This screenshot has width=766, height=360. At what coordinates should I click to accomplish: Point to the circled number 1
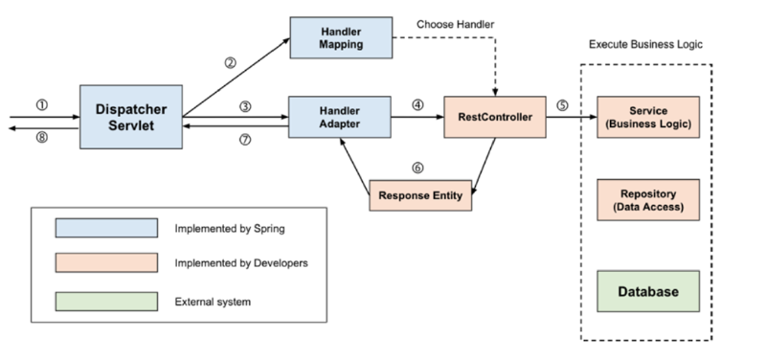coord(40,105)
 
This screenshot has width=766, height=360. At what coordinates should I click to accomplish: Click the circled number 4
coord(417,104)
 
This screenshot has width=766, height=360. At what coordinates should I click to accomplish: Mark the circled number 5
coord(564,105)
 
